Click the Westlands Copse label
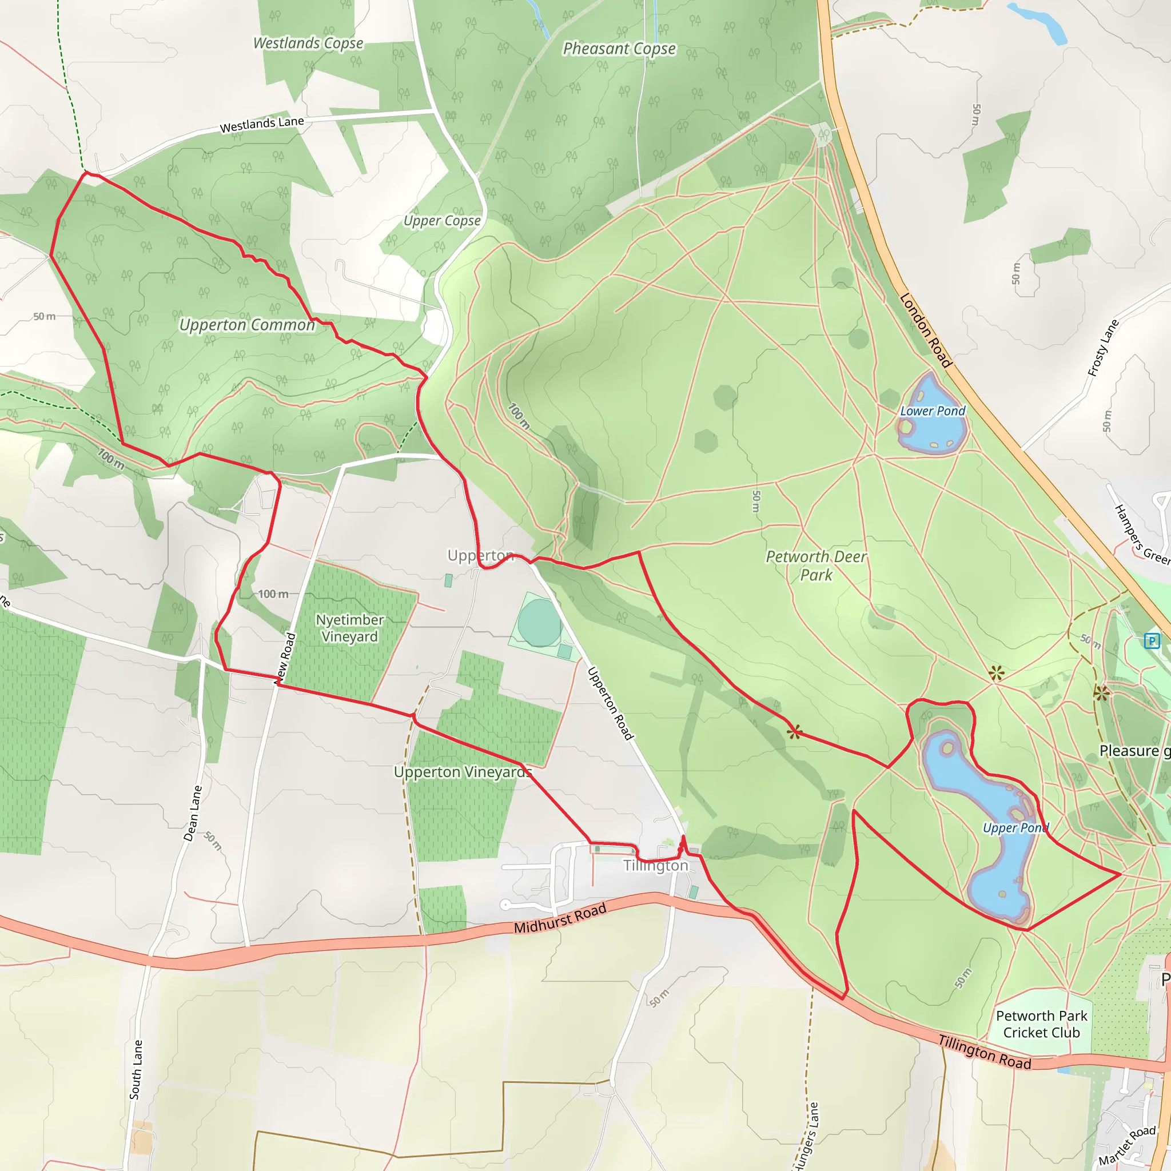[308, 43]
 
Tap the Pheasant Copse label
[619, 49]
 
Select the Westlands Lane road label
[262, 124]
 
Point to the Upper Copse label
[442, 221]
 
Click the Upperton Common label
[247, 325]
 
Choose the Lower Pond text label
[932, 411]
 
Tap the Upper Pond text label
[1015, 828]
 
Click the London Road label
[925, 330]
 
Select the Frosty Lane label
[1102, 349]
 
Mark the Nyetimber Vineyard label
[350, 628]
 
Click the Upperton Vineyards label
[463, 772]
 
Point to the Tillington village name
[656, 866]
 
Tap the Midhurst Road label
[560, 919]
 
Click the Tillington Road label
[985, 1052]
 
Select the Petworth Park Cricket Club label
[1041, 1024]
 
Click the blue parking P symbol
[1152, 640]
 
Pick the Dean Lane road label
[193, 814]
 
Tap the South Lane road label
[137, 1070]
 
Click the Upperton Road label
[610, 703]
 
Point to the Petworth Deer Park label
[816, 565]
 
